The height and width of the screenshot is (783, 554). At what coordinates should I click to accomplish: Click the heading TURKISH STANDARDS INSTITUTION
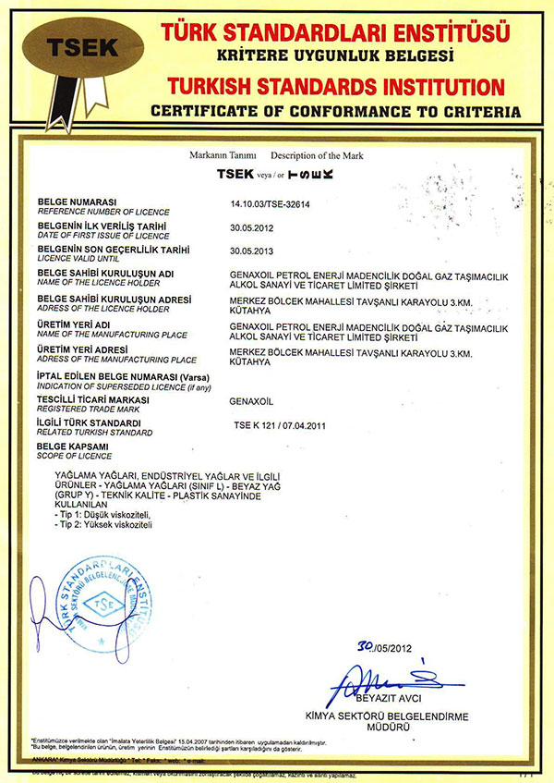[338, 88]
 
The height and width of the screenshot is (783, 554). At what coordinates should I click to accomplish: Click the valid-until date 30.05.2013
[249, 251]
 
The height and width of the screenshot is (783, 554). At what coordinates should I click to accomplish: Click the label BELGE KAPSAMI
[72, 447]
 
